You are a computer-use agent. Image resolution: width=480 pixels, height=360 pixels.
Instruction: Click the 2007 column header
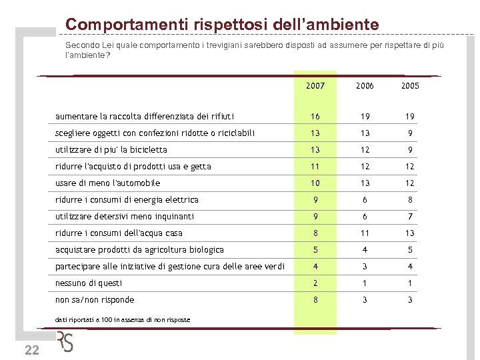[x=315, y=86]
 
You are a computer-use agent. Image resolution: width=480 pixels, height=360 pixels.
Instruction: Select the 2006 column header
[x=364, y=86]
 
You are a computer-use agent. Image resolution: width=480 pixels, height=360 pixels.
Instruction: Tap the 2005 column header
[x=410, y=86]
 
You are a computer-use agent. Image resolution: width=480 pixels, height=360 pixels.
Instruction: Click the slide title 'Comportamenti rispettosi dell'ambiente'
[x=222, y=25]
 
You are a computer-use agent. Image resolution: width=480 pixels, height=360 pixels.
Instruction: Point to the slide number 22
[x=31, y=351]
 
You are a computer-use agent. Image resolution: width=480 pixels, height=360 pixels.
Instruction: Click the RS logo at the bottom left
[x=65, y=341]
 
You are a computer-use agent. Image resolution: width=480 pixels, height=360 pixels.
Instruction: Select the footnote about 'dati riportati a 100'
[x=123, y=320]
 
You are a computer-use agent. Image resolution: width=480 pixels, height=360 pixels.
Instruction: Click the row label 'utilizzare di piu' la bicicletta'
[x=111, y=149]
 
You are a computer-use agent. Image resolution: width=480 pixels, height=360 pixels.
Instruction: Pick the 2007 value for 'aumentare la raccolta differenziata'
[x=315, y=116]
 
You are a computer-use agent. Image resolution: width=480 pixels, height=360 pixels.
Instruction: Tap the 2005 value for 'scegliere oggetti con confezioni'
[x=410, y=133]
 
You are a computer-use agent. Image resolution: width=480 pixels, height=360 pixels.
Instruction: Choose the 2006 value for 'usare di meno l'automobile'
[x=364, y=183]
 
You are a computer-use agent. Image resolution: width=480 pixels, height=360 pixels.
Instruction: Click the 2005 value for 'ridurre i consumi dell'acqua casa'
[x=410, y=233]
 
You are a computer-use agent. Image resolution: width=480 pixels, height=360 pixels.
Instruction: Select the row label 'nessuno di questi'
[x=89, y=283]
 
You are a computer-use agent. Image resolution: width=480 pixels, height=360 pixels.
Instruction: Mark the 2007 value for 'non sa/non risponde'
[x=315, y=299]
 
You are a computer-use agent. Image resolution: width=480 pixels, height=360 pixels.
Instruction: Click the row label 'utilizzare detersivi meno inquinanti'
[x=125, y=216]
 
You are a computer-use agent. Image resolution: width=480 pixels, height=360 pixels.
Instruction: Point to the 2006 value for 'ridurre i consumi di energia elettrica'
[x=364, y=199]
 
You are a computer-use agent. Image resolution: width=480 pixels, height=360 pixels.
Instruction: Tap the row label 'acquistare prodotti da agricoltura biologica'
[x=139, y=249]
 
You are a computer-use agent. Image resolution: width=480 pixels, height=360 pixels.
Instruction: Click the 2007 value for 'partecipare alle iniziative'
[x=315, y=266]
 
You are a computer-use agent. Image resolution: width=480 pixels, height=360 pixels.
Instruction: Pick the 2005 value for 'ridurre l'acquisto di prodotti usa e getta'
[x=410, y=166]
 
